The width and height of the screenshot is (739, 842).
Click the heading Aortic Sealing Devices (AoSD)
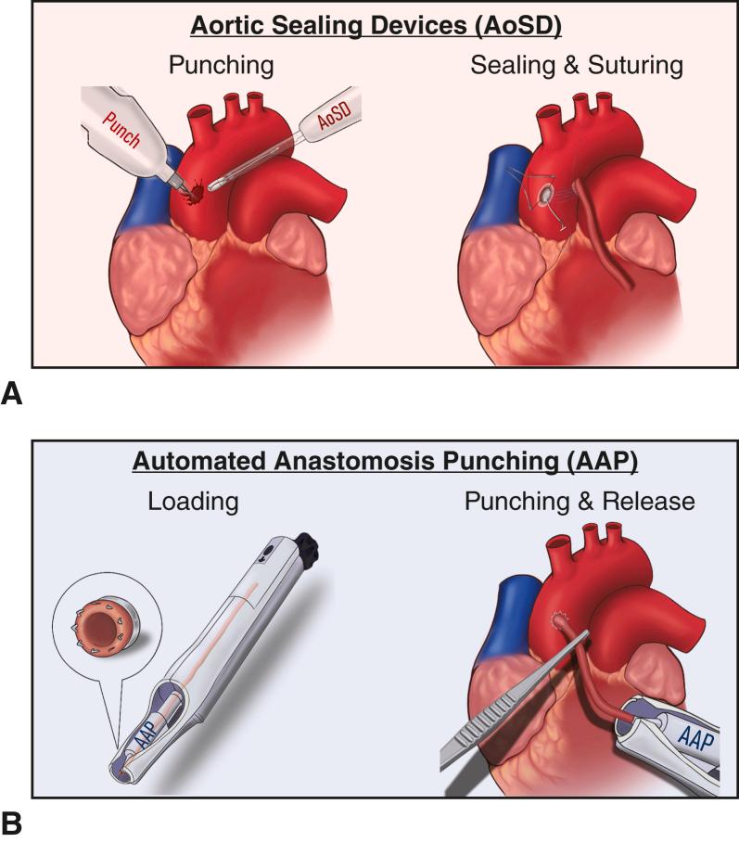[376, 25]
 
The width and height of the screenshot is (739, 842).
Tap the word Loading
[192, 502]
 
